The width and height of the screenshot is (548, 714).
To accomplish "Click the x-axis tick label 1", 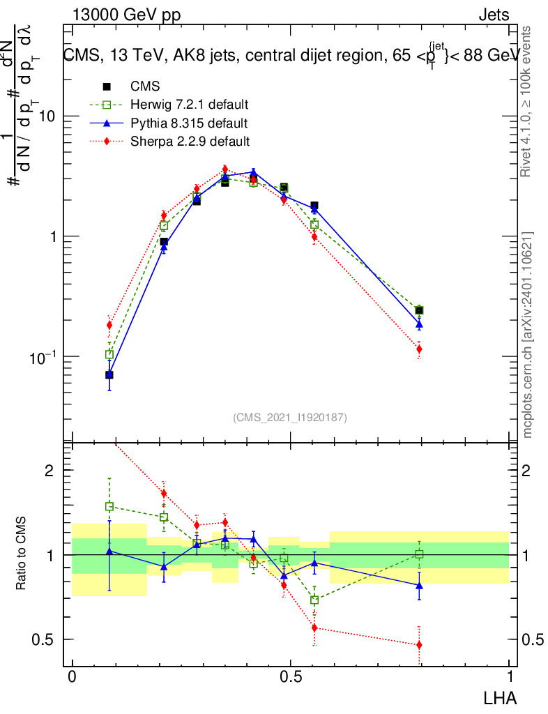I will click(509, 677).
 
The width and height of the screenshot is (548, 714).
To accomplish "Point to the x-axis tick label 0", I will click(72, 677).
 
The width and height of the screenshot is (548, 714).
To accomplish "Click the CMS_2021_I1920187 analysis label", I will click(290, 418).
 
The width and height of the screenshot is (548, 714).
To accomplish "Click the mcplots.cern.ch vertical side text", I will click(528, 335).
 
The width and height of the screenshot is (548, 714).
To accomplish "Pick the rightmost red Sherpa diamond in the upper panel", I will click(419, 349).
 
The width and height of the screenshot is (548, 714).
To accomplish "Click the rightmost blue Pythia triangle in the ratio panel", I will click(419, 585).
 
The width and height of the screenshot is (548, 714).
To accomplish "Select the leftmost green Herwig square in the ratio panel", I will click(109, 506).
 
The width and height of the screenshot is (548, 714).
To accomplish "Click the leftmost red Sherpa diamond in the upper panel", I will click(109, 325).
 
